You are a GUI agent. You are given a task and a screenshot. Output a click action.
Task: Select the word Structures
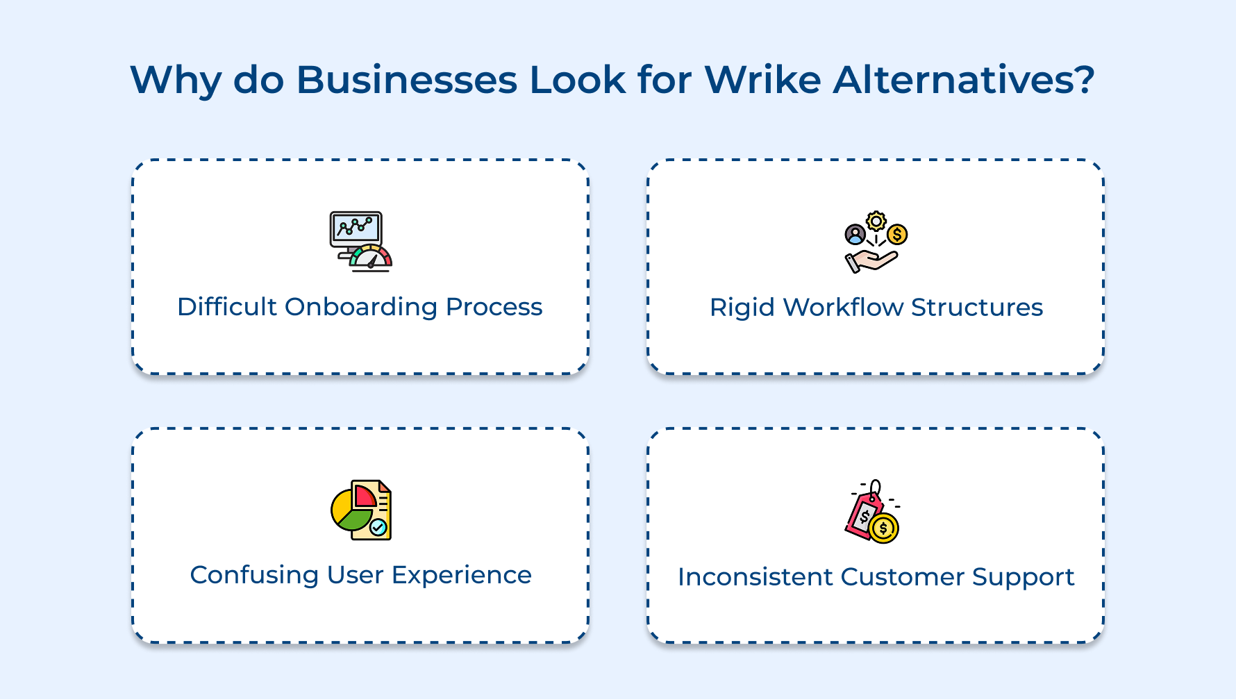[x=977, y=307]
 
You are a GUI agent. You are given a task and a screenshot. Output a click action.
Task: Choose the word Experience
[x=462, y=576]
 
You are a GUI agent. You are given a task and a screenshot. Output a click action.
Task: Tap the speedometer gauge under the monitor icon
[x=371, y=258]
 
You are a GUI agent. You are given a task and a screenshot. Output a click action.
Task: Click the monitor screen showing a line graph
[x=356, y=227]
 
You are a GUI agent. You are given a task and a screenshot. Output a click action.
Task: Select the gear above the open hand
[x=876, y=221]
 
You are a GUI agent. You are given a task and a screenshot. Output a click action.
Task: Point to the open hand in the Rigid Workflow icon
[x=870, y=261]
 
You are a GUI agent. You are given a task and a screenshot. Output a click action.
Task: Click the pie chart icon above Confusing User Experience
[x=351, y=514]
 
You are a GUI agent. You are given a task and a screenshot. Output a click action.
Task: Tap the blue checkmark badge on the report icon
[x=378, y=527]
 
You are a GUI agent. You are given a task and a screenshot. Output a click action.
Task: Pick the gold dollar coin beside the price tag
[x=883, y=529]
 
